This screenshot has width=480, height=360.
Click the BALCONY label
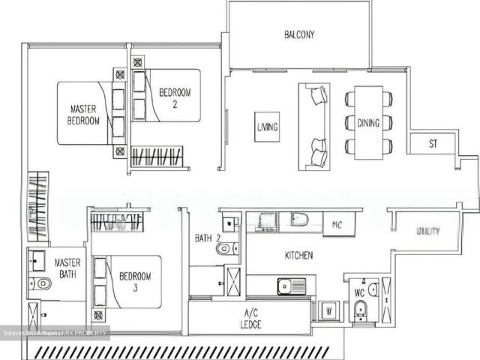pyautogui.click(x=298, y=34)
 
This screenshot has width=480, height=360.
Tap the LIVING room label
pyautogui.click(x=266, y=127)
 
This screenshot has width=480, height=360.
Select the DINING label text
pyautogui.click(x=368, y=123)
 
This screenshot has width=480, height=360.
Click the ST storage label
pyautogui.click(x=433, y=143)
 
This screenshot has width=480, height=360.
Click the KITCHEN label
pyautogui.click(x=298, y=256)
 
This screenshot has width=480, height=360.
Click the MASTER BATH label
pyautogui.click(x=67, y=260)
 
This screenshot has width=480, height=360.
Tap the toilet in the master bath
pyautogui.click(x=41, y=283)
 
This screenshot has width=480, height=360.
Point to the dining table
pyautogui.click(x=368, y=122)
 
